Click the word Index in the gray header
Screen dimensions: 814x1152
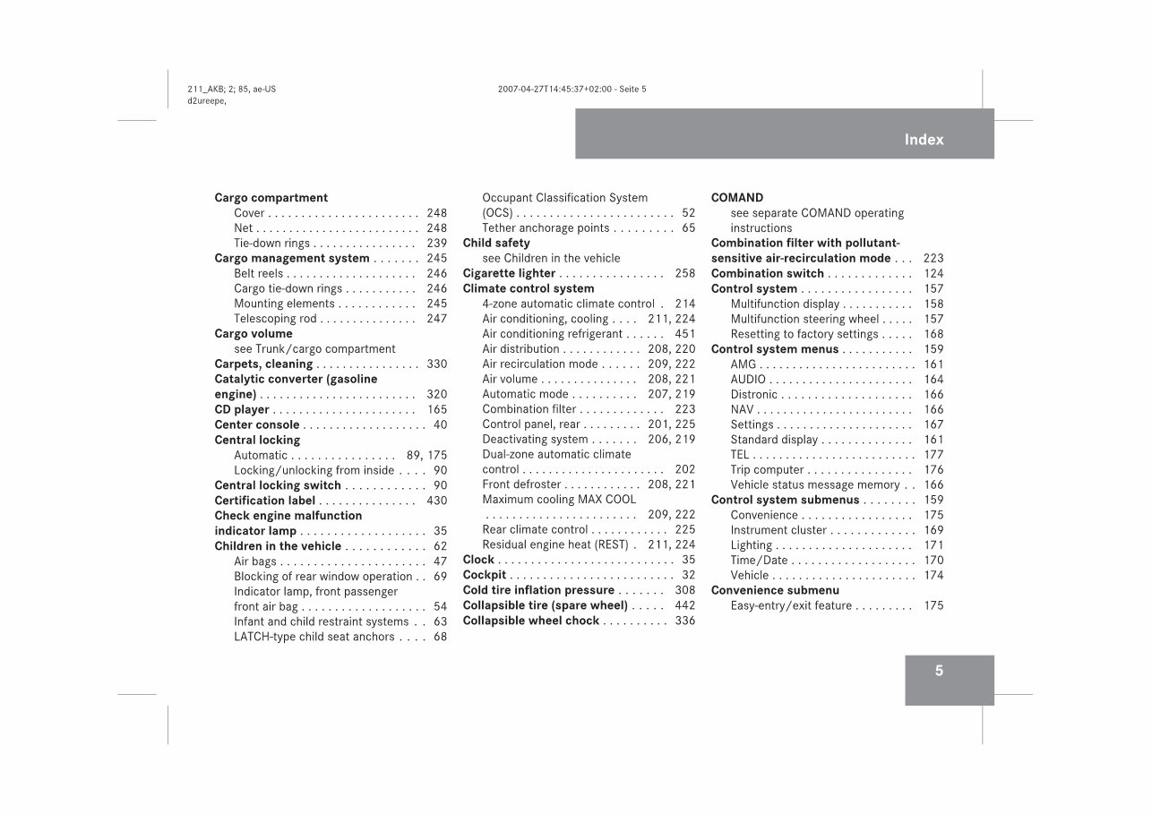tap(924, 140)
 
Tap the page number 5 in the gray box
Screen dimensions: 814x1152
tap(939, 671)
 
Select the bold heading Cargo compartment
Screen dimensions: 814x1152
tap(271, 198)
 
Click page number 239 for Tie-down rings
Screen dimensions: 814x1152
tap(436, 244)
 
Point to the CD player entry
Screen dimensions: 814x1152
tap(242, 410)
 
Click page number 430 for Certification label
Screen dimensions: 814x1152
tap(436, 501)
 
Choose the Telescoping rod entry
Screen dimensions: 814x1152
tap(276, 319)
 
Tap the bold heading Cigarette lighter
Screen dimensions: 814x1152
tap(509, 274)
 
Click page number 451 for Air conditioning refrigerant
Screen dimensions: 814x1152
tap(684, 334)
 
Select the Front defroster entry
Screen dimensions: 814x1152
tap(521, 484)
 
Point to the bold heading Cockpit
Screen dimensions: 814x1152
tap(485, 575)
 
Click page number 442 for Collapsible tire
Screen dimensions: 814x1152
tap(684, 605)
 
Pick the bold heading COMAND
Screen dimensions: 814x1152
tap(737, 198)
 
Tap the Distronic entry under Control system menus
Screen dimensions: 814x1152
tap(754, 395)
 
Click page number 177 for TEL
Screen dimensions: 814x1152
tap(933, 455)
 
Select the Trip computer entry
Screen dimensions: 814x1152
tap(767, 470)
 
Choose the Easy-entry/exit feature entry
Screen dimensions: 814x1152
tap(791, 606)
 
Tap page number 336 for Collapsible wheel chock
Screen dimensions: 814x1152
tap(684, 621)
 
